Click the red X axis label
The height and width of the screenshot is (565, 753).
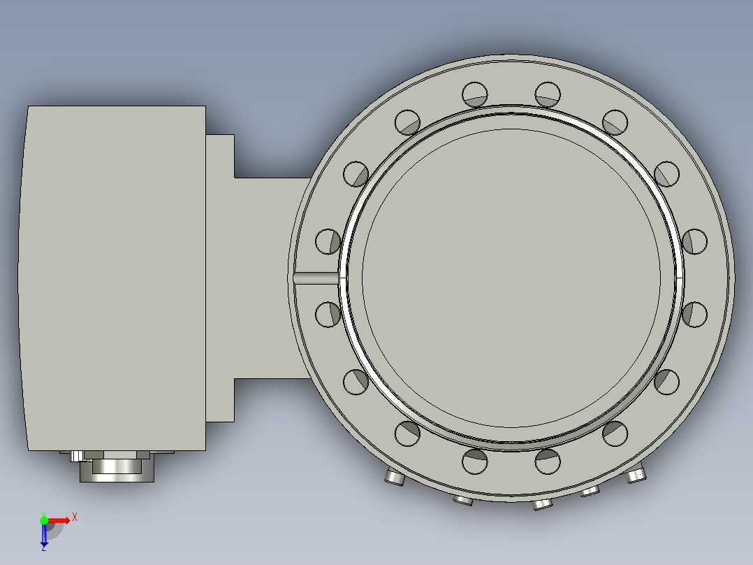pyautogui.click(x=75, y=517)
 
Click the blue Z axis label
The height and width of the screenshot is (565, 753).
pyautogui.click(x=43, y=548)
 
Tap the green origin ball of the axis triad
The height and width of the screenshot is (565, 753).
pyautogui.click(x=44, y=520)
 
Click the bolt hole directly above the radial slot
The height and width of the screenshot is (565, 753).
pyautogui.click(x=328, y=241)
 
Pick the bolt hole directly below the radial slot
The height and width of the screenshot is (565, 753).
pyautogui.click(x=328, y=314)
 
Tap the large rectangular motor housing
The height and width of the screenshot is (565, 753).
pyautogui.click(x=115, y=278)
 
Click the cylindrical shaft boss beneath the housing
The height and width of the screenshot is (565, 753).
pyautogui.click(x=116, y=469)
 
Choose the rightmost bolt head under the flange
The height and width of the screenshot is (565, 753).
pyautogui.click(x=636, y=475)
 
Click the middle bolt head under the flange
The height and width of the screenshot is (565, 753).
pyautogui.click(x=541, y=503)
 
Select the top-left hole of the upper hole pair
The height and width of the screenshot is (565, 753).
pyautogui.click(x=475, y=94)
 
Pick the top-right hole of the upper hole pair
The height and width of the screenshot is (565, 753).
pyautogui.click(x=548, y=94)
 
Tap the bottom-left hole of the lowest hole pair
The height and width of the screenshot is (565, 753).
pyautogui.click(x=475, y=461)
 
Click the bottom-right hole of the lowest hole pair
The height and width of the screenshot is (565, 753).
pyautogui.click(x=548, y=461)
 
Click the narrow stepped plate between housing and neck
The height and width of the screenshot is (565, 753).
pyautogui.click(x=220, y=278)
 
